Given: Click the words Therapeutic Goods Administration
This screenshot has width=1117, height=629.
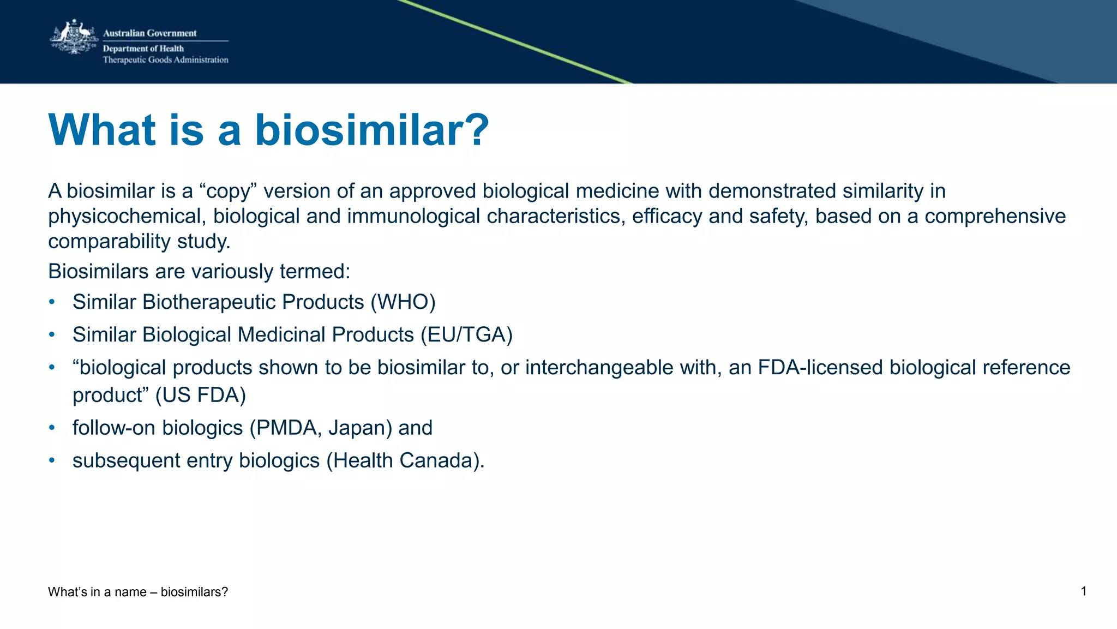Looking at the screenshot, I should click(165, 60).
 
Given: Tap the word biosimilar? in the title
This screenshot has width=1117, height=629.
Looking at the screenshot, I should click(372, 130).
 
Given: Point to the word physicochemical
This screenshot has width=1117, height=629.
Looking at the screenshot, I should click(127, 217).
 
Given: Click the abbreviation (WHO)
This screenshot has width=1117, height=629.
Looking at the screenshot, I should click(403, 302).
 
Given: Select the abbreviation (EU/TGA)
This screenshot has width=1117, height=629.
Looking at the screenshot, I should click(466, 335).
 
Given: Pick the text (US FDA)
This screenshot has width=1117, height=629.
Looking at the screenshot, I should click(201, 395).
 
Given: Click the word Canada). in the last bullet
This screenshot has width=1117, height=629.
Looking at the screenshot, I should click(442, 460).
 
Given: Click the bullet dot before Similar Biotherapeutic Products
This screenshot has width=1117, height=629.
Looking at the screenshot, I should click(52, 302).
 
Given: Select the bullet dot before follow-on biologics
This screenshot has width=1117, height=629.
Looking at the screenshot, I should click(52, 428).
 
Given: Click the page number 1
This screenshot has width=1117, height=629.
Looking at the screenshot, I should click(1083, 591).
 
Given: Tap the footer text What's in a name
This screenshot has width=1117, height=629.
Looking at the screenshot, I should click(97, 592).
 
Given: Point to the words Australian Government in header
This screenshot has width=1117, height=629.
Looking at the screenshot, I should click(149, 33).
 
